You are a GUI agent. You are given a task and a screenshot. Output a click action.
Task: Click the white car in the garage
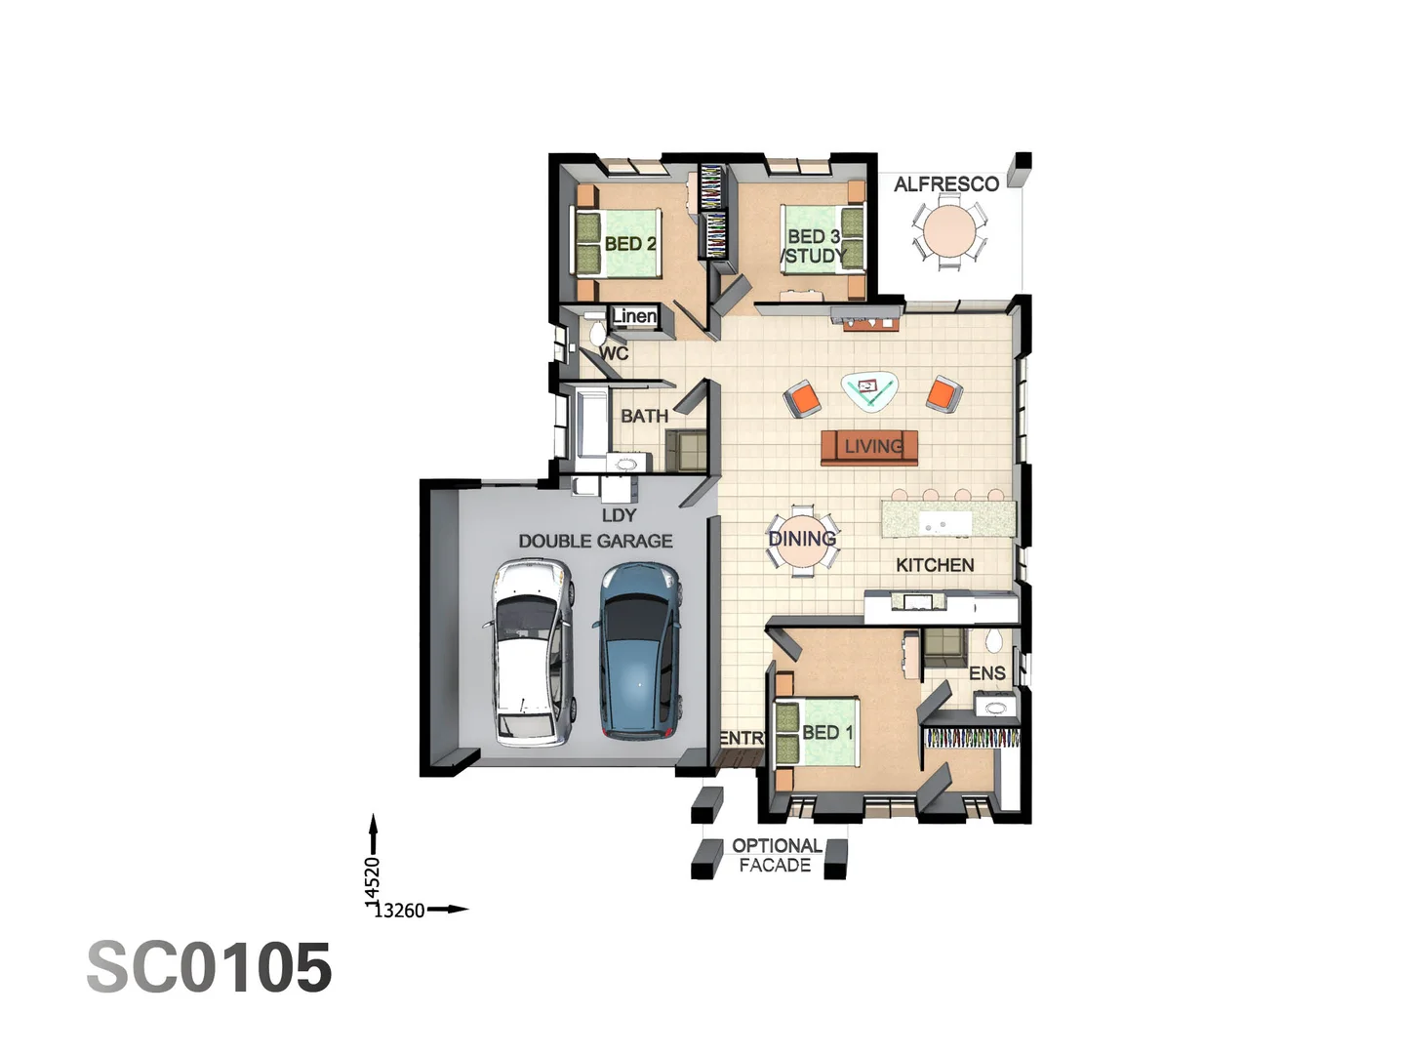click(x=531, y=651)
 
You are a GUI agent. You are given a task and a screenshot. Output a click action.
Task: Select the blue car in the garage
click(x=639, y=651)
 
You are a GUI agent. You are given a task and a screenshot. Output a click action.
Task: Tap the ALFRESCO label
click(x=945, y=184)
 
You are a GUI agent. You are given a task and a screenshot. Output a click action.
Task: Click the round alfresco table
click(x=948, y=231)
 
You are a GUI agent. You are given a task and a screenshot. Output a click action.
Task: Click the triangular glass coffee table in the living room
click(x=869, y=389)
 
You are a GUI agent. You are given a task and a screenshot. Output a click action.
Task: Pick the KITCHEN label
click(x=935, y=565)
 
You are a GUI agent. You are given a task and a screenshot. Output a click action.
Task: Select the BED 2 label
click(x=629, y=244)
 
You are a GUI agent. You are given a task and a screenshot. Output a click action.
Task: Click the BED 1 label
click(x=827, y=732)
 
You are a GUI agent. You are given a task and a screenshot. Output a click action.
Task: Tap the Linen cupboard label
click(x=634, y=316)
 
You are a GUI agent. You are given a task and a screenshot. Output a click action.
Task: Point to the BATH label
click(x=644, y=416)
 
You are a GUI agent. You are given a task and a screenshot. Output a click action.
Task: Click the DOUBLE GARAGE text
click(x=595, y=541)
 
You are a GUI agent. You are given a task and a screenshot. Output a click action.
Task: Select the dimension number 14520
click(x=372, y=882)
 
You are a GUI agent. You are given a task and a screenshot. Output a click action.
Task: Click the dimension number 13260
click(x=399, y=911)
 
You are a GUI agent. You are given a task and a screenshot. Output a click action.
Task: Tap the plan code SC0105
click(x=210, y=968)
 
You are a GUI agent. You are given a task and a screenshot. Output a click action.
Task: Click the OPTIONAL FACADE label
click(x=776, y=855)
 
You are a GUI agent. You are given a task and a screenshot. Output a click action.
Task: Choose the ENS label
click(x=986, y=673)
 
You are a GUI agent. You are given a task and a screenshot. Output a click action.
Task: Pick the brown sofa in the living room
click(x=869, y=447)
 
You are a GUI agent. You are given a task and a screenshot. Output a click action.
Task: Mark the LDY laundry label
click(x=619, y=515)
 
